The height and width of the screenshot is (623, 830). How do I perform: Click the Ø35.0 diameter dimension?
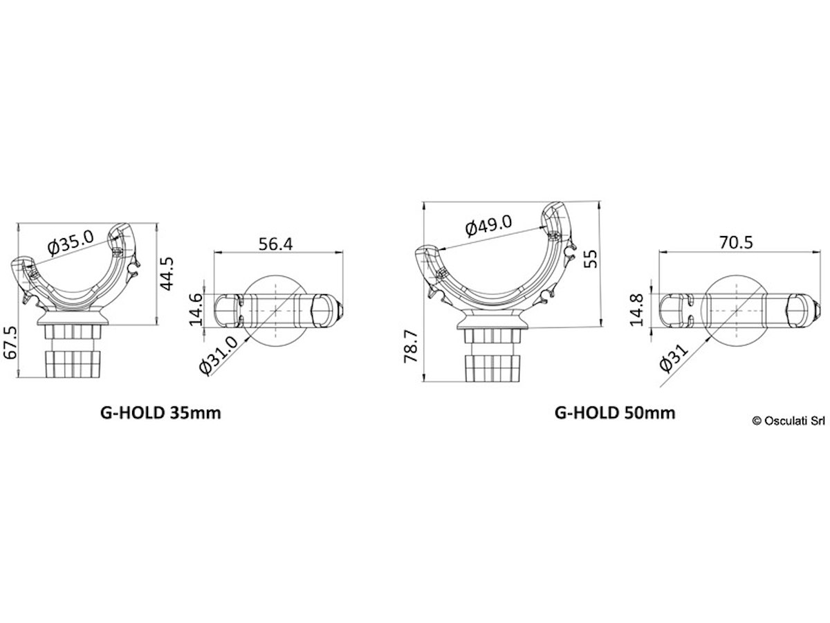click(71, 242)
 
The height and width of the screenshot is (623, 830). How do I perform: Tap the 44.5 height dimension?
click(167, 273)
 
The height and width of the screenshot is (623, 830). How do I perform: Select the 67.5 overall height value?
click(10, 343)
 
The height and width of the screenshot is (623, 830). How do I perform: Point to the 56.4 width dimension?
click(275, 244)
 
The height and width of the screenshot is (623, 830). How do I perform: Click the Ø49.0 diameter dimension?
click(488, 226)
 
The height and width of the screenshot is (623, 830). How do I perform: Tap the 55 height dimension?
click(591, 259)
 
